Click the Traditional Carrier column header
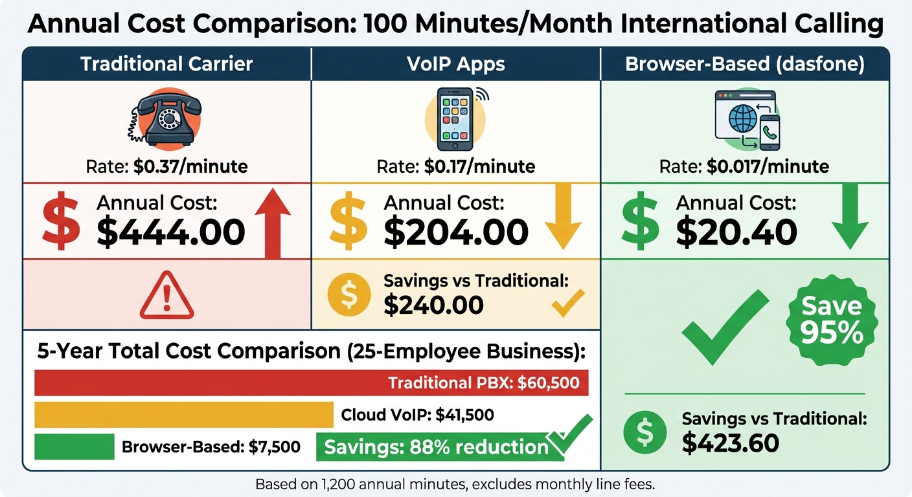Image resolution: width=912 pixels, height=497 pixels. (166, 65)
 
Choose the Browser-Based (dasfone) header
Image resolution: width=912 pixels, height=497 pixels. (744, 65)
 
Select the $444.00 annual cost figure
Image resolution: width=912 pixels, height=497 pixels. (171, 232)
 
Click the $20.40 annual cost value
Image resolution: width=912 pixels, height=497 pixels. (736, 232)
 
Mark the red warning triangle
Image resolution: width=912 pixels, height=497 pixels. (167, 296)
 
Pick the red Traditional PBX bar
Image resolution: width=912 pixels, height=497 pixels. (311, 382)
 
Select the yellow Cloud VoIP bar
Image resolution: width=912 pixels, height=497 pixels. (183, 415)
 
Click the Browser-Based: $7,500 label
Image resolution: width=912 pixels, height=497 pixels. (211, 447)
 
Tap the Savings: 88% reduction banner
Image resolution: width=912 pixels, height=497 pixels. (435, 447)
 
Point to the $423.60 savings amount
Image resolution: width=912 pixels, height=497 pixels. (730, 443)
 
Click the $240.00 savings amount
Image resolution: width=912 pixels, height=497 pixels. (433, 305)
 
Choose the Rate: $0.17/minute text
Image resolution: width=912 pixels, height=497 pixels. (456, 166)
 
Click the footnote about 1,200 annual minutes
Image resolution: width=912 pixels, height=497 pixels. (455, 484)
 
